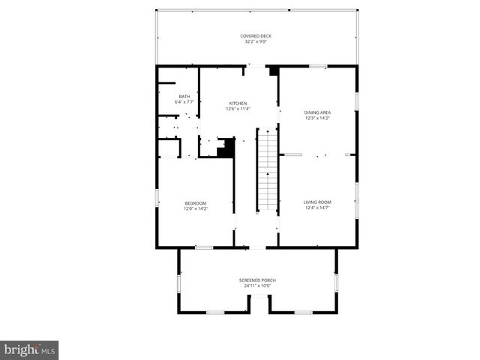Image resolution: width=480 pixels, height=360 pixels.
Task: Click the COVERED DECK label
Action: click(x=256, y=36)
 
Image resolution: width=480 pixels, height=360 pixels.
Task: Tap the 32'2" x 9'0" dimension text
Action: click(x=256, y=42)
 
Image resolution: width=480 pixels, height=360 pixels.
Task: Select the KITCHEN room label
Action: click(x=238, y=103)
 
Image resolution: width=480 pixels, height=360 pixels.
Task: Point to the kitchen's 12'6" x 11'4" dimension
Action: click(x=238, y=109)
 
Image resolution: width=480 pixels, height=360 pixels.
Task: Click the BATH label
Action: click(x=184, y=97)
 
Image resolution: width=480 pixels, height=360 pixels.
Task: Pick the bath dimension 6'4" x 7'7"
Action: click(x=184, y=102)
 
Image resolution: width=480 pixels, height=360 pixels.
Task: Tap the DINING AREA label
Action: click(x=318, y=112)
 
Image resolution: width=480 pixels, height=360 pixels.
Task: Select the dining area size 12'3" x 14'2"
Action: click(x=318, y=118)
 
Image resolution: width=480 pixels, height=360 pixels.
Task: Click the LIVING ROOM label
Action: click(x=317, y=202)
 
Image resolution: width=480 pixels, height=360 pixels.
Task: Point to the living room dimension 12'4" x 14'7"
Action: click(x=317, y=207)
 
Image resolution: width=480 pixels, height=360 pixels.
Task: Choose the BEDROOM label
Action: click(x=196, y=203)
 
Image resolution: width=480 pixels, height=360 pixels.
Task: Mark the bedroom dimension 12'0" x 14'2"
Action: click(x=196, y=208)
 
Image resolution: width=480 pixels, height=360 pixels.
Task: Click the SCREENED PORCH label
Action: click(x=258, y=280)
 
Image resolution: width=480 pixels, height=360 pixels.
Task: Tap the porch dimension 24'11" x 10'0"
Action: click(x=258, y=286)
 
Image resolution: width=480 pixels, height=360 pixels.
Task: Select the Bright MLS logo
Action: click(x=29, y=349)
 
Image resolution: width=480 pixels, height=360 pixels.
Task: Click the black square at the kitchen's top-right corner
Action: click(x=274, y=71)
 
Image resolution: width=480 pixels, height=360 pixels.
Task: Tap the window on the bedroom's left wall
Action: click(x=157, y=198)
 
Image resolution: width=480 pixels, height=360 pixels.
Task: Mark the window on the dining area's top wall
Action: click(x=318, y=67)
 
